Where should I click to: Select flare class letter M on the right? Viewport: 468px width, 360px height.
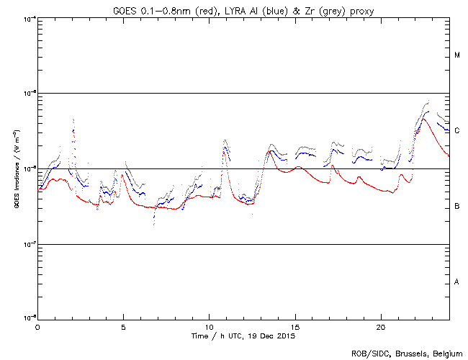[x=457, y=55]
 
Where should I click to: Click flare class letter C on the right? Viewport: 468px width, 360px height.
[x=457, y=131]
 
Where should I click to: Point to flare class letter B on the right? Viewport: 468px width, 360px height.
[x=457, y=207]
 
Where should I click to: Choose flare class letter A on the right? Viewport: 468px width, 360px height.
[x=457, y=282]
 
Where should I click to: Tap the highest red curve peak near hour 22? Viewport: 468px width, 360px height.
[x=423, y=119]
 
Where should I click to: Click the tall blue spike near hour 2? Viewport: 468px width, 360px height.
[x=73, y=130]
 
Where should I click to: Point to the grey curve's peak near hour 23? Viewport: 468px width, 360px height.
[x=428, y=102]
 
